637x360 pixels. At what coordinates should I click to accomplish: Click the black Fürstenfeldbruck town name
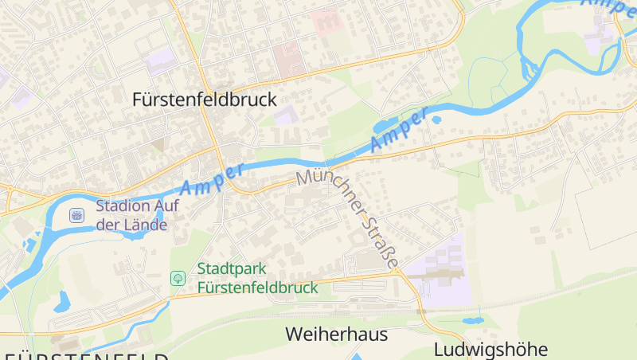coord(205,100)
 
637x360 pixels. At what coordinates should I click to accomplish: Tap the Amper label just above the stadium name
coord(212,180)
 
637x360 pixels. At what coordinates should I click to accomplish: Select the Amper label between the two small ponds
coord(399,131)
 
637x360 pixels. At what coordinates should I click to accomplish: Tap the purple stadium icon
coord(76,214)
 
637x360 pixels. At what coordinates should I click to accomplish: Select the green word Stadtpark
coord(232,269)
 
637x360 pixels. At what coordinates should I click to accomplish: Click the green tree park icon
coord(178,278)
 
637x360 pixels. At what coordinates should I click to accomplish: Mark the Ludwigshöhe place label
coord(491,350)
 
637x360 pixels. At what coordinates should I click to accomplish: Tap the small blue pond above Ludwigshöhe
coord(472,320)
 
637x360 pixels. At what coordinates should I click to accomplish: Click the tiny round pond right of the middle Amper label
coord(436,120)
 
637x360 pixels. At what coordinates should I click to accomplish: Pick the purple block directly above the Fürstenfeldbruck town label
coord(162,60)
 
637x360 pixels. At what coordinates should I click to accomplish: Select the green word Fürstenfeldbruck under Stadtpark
coord(257,288)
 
